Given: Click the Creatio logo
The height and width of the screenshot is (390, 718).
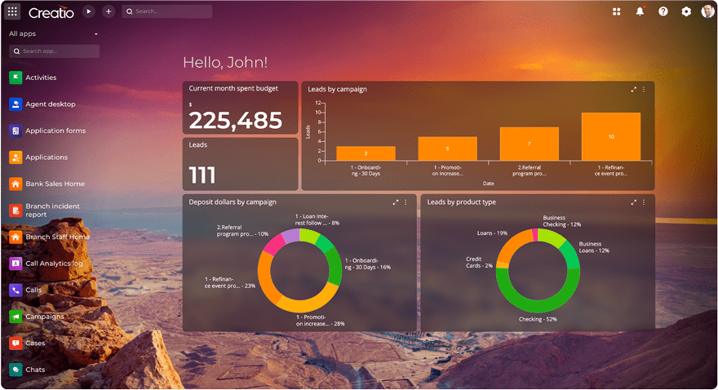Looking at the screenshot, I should pos(51,12).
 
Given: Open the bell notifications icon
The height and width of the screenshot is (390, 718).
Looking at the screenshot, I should pos(640,11).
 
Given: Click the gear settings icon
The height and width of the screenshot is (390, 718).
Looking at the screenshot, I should pos(686,11).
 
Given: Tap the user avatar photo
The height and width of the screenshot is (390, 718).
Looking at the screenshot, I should pos(707,11).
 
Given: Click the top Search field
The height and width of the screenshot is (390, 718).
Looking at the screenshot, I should pos(167,11).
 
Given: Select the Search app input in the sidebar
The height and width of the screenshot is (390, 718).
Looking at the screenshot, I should pos(55,51).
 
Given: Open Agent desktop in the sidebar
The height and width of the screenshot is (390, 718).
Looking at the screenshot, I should pos(50,104).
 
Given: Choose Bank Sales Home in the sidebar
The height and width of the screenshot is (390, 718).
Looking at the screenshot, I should pos(55,184).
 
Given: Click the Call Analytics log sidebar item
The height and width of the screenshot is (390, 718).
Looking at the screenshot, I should pos(54,264).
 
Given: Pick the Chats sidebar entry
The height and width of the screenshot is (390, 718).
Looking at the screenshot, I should pos(35,370).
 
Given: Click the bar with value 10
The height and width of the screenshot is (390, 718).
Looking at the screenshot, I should pos(611,136).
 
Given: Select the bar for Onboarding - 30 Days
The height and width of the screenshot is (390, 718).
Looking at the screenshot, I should pos(366,153).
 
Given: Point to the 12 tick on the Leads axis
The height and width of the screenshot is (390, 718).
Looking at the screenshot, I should pos(318,103).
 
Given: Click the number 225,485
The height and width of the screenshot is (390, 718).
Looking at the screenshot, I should pos(235,121).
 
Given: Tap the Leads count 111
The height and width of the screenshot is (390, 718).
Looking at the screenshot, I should pos(202,175).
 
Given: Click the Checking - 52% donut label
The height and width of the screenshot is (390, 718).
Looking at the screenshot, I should pos(538,319).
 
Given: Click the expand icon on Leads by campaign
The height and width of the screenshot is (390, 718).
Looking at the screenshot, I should pos(634,89).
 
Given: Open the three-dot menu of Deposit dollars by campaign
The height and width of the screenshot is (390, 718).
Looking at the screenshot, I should pos(406,202).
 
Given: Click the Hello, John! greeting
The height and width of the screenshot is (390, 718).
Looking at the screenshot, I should pos(225,63).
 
